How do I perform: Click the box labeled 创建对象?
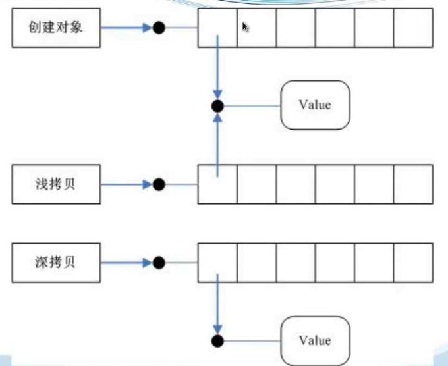56,28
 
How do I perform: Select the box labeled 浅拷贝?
56,184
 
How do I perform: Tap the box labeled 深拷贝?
56,262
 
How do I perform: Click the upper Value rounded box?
315,105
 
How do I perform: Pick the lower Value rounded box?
315,340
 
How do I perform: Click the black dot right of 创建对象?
159,28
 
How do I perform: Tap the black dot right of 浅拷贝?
159,185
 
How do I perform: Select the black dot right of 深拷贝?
159,263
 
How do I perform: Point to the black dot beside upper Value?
217,106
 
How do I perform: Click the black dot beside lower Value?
217,341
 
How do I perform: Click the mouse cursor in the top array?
246,27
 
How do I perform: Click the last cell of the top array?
413,28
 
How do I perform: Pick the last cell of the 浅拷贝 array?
413,184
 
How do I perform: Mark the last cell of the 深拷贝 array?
413,262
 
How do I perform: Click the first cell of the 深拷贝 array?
217,262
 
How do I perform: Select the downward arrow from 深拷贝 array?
217,303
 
